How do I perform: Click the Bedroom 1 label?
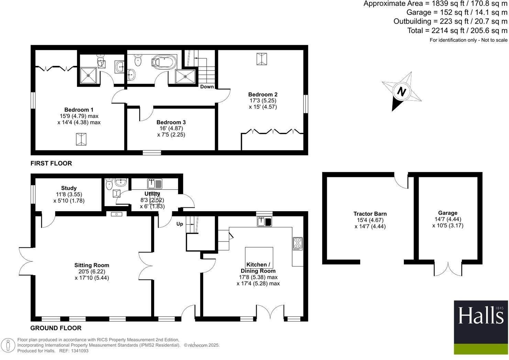79,110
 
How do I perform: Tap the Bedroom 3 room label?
171,122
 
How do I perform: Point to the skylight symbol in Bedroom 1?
81,139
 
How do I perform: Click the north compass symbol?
401,91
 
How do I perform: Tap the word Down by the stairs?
207,87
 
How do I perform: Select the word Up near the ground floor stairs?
180,224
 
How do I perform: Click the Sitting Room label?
92,265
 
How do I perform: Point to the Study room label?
69,188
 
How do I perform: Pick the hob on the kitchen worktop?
297,243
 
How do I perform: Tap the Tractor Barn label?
370,214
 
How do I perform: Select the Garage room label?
447,213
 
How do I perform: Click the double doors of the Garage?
448,268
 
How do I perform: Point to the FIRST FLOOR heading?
51,163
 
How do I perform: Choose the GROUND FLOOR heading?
56,328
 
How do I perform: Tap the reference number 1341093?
79,351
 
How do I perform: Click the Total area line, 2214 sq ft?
457,31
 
